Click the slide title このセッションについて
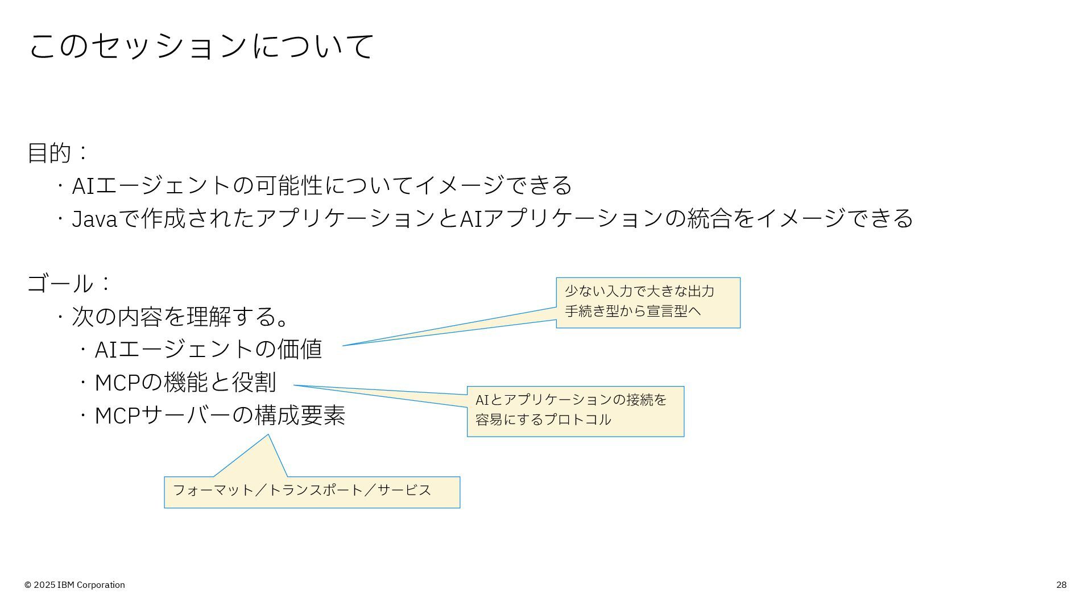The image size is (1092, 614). (201, 46)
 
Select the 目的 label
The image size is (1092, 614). (49, 153)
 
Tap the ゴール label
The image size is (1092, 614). (60, 283)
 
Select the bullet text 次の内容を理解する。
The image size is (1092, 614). (181, 317)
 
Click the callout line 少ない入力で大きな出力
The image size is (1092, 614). (639, 292)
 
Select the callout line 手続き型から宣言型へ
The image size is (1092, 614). (632, 311)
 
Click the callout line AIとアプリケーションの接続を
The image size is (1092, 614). (570, 400)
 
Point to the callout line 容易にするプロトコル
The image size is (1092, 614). (543, 420)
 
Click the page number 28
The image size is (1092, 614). (1061, 585)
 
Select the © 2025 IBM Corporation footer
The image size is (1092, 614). (75, 585)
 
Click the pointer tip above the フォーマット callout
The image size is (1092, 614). (268, 436)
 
